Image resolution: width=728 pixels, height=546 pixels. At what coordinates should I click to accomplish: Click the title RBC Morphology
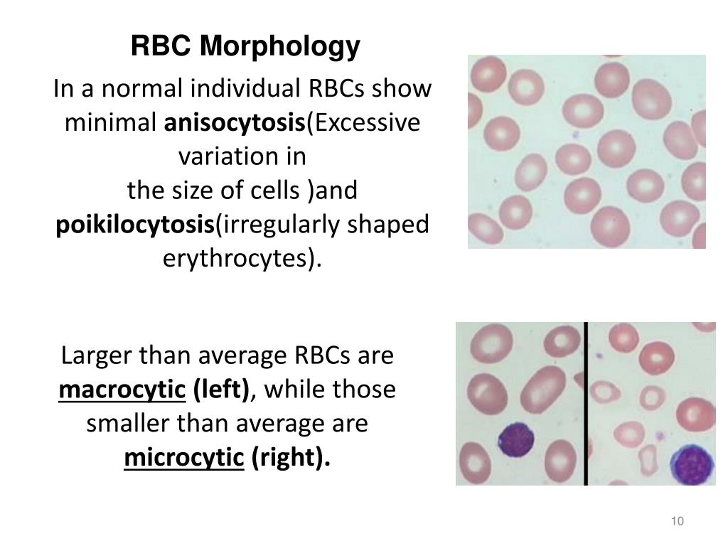point(245,47)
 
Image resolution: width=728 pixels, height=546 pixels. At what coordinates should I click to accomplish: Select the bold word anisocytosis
point(235,123)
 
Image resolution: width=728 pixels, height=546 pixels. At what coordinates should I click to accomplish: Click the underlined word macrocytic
point(122,390)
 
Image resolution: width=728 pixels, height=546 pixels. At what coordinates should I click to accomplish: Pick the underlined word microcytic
point(183,459)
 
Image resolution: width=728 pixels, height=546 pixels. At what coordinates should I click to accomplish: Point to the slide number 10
point(677,522)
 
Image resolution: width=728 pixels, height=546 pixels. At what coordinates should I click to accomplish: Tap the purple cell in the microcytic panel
point(694,464)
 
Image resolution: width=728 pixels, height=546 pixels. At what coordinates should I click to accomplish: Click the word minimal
point(112,123)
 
